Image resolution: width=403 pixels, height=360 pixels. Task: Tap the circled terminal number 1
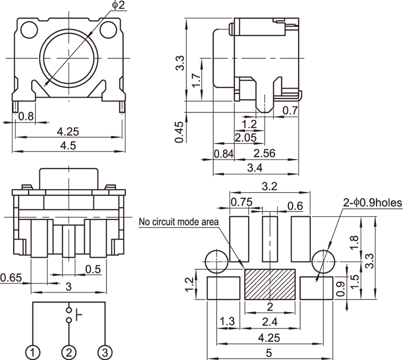33,352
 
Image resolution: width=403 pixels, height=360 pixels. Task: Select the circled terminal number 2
69,352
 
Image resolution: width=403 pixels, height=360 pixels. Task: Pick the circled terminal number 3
104,352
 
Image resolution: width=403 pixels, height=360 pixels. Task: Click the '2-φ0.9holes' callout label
372,202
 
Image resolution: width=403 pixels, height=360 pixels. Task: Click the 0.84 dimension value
223,154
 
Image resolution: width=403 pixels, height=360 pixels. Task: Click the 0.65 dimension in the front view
11,277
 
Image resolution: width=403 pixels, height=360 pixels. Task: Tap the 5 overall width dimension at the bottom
268,353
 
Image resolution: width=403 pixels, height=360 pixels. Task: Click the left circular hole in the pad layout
216,261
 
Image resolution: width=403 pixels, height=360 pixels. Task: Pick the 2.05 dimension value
246,138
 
